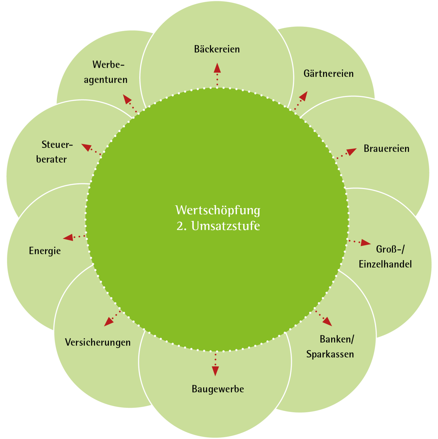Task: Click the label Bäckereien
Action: click(217, 49)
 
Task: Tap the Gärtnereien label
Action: click(328, 73)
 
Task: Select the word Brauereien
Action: click(386, 148)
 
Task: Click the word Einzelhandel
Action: click(385, 264)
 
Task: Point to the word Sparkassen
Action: click(330, 354)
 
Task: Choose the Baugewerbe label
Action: click(218, 389)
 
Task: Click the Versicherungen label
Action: click(98, 342)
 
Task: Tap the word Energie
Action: click(45, 251)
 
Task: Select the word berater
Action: click(51, 159)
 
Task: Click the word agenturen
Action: click(105, 80)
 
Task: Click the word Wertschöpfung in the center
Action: click(218, 210)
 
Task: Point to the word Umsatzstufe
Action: click(225, 226)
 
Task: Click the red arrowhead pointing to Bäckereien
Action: click(217, 68)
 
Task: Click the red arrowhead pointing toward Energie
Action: click(68, 238)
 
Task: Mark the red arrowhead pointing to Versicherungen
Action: click(109, 322)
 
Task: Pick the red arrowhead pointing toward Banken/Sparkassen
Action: click(328, 322)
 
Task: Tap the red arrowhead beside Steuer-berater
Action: click(86, 147)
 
